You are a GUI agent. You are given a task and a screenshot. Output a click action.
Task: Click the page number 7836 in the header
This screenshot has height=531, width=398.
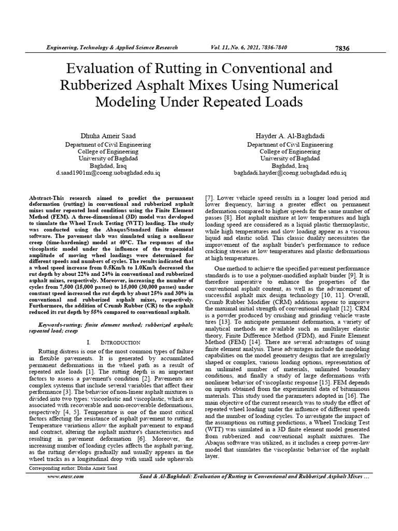pyautogui.click(x=343, y=48)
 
